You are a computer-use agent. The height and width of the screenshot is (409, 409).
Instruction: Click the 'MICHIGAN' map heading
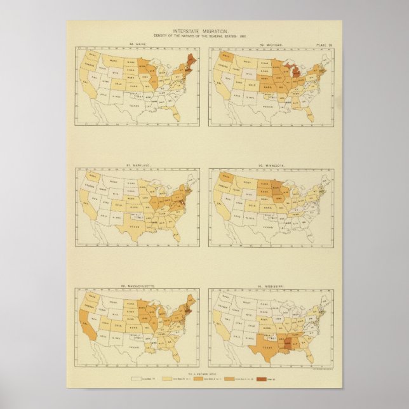point(276,44)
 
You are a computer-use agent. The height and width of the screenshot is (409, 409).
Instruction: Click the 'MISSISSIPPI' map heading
point(276,285)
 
